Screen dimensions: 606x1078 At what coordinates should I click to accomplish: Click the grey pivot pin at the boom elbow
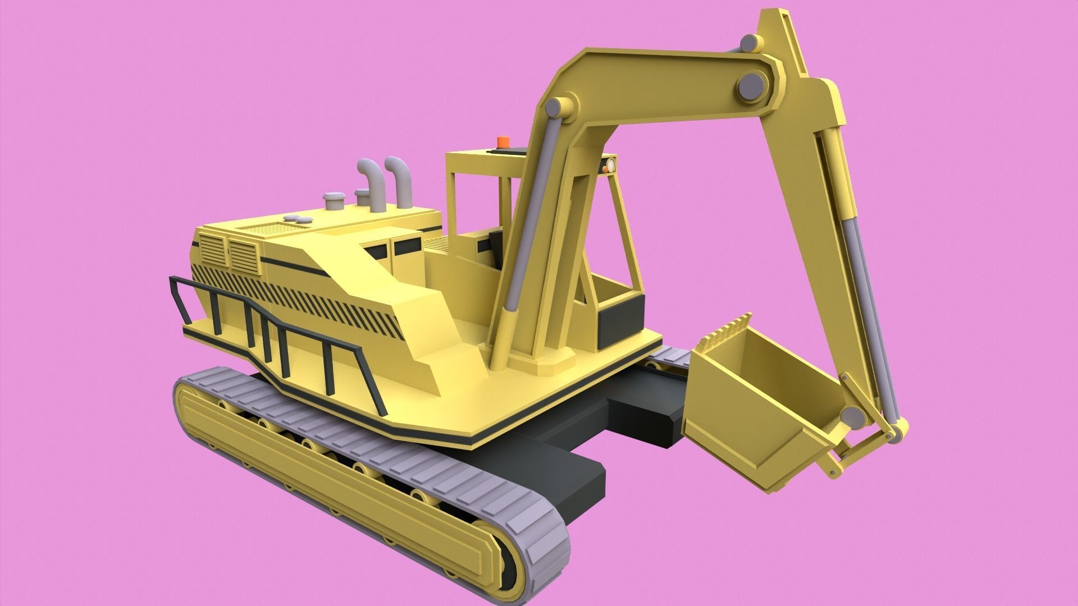point(751,88)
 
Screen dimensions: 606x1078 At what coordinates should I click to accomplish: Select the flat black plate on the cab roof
point(505,150)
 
